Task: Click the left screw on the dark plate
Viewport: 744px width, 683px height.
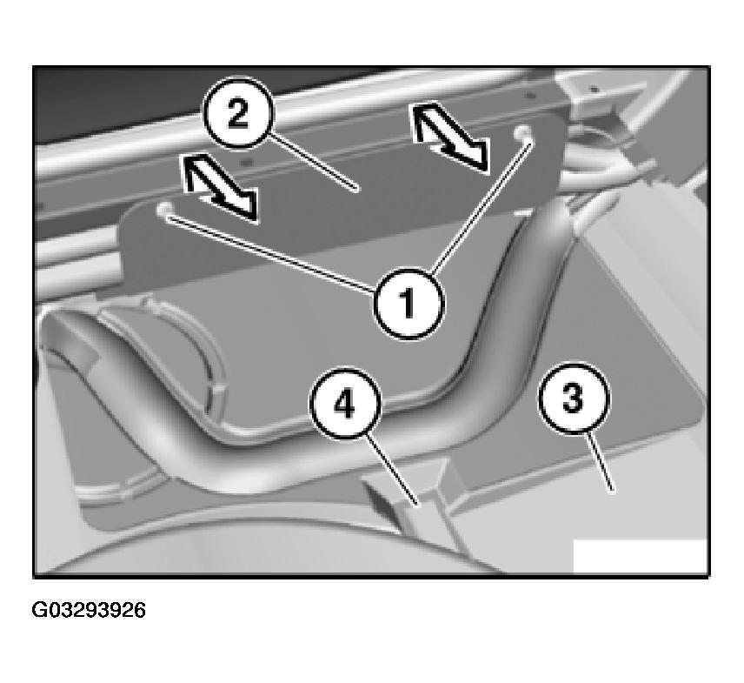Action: coord(164,211)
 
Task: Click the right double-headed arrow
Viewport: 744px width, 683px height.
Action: coord(449,135)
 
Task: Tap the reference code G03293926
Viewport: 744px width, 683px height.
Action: coord(90,611)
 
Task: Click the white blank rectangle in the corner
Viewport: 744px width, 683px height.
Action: coord(640,557)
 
